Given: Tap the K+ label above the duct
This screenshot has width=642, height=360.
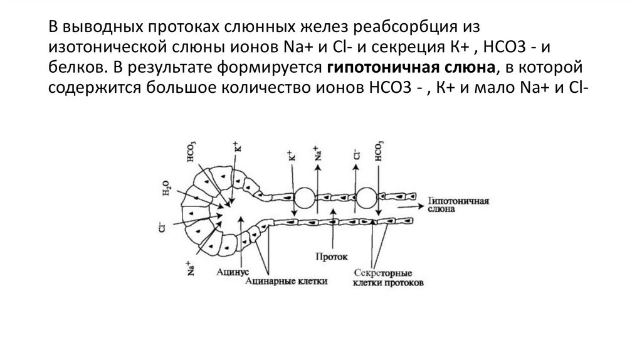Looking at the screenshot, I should pos(290,156).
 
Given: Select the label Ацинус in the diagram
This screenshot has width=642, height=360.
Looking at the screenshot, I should pos(234,272).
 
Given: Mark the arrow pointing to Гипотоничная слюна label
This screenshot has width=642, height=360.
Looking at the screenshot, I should pos(414,203).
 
